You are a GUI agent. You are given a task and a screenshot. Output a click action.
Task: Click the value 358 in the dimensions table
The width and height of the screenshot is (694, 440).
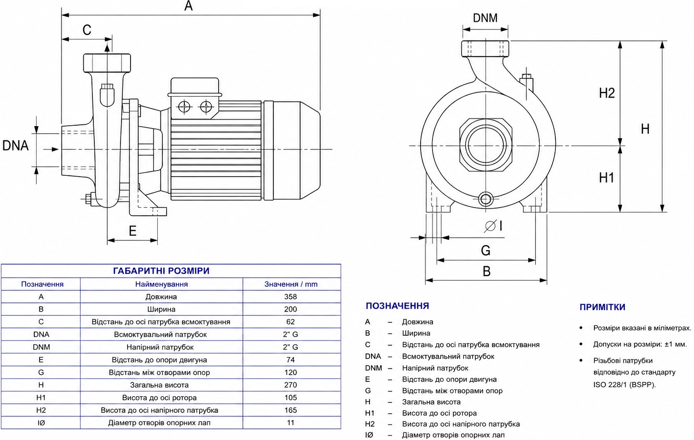tap(291, 297)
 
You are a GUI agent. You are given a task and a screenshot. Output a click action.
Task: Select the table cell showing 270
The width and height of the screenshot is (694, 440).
tap(291, 385)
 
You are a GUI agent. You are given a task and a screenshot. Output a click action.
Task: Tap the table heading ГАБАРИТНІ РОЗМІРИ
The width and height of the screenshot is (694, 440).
tap(161, 271)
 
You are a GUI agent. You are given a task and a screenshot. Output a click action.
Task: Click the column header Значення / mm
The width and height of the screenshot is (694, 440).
tap(291, 284)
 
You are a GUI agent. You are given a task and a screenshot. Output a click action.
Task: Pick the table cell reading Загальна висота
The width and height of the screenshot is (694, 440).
tap(159, 385)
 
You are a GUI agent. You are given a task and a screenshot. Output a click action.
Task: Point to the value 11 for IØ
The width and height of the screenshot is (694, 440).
tap(291, 423)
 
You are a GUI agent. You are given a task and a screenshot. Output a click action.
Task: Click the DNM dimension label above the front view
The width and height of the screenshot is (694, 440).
tap(485, 18)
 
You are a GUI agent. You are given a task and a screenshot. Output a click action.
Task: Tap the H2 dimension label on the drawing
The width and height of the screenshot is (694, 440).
tap(607, 93)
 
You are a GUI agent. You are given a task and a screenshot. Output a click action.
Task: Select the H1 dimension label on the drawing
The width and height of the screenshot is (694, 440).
tap(606, 178)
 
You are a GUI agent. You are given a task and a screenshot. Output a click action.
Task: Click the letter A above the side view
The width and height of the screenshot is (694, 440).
tap(188, 6)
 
